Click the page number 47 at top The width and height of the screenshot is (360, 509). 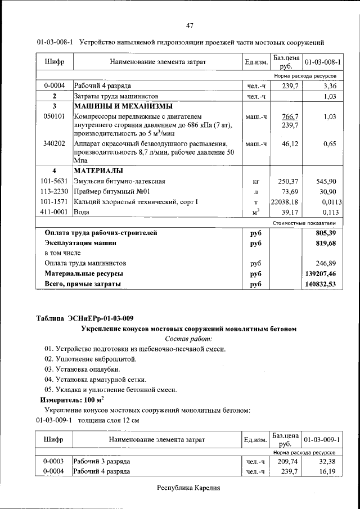click(190, 25)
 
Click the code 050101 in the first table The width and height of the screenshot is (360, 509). click(55, 116)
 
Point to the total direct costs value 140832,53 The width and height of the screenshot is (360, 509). click(321, 285)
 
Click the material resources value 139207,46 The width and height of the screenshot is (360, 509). click(321, 274)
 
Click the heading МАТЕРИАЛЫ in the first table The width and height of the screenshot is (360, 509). click(98, 171)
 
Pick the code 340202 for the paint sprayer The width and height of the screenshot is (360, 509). click(55, 144)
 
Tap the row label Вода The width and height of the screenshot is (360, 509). click(82, 213)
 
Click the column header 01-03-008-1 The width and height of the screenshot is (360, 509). click(323, 60)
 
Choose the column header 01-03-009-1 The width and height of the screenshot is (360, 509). click(323, 439)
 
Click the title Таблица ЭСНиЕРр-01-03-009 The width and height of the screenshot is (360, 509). click(85, 318)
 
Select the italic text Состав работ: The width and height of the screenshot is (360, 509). click(188, 339)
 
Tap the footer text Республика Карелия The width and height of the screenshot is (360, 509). click(188, 488)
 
